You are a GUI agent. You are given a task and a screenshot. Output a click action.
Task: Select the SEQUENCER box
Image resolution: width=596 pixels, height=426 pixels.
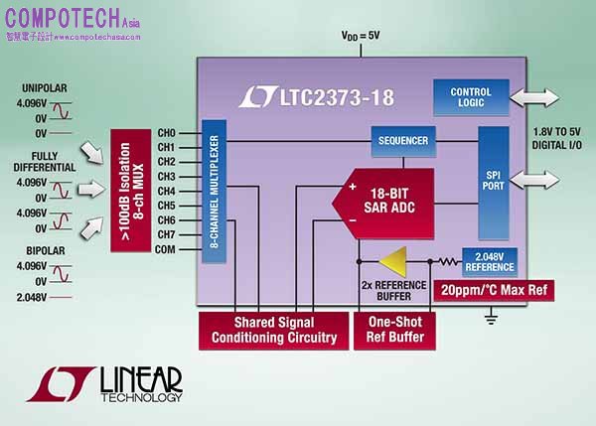click(x=403, y=141)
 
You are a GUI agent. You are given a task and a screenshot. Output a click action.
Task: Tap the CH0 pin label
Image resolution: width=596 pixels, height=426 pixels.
click(x=167, y=132)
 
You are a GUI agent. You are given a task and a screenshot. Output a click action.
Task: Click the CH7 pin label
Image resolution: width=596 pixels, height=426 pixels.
click(x=167, y=234)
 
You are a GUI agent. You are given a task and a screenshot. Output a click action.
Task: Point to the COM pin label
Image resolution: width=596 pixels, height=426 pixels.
click(x=166, y=249)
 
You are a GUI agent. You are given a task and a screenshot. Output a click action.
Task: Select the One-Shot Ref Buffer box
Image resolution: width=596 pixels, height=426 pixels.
click(x=395, y=330)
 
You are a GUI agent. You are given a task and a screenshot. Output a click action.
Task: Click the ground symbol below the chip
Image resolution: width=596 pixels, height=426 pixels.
click(x=490, y=318)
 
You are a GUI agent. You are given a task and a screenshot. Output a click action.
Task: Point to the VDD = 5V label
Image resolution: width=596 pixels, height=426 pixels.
click(x=361, y=37)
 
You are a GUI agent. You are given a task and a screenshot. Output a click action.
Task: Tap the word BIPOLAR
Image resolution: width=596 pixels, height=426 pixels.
click(x=46, y=251)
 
